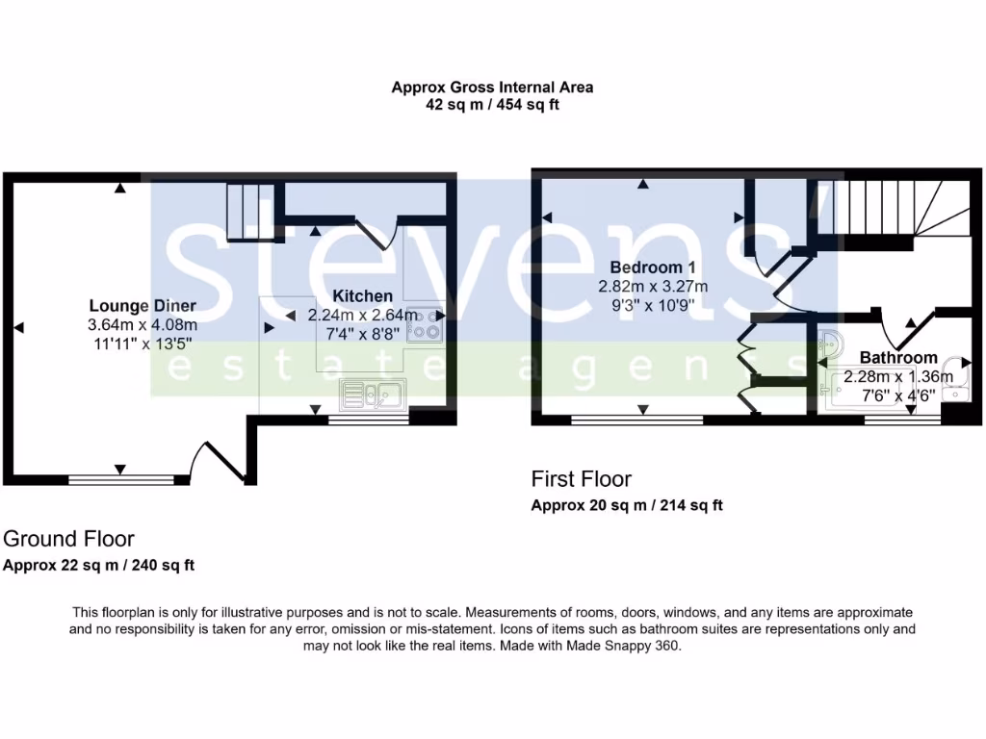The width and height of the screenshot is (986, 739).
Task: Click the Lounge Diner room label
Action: pyautogui.click(x=143, y=307)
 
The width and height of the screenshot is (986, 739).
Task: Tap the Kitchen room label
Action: pyautogui.click(x=362, y=296)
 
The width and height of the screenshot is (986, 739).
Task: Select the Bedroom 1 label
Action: pyautogui.click(x=653, y=268)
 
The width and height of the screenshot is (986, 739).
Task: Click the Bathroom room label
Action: pyautogui.click(x=897, y=358)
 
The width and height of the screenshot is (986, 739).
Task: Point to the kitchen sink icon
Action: pyautogui.click(x=372, y=393)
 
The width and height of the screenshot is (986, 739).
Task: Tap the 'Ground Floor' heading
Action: pyautogui.click(x=68, y=539)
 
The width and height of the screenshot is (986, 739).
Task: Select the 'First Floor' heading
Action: pyautogui.click(x=582, y=479)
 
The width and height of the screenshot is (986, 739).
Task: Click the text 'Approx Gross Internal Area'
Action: pyautogui.click(x=492, y=87)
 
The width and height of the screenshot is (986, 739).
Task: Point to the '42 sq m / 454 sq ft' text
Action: pyautogui.click(x=492, y=105)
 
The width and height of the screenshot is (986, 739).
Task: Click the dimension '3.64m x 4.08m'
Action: pyautogui.click(x=143, y=325)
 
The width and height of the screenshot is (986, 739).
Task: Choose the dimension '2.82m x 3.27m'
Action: pyautogui.click(x=653, y=286)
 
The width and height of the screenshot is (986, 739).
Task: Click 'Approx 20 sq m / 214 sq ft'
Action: pyautogui.click(x=627, y=505)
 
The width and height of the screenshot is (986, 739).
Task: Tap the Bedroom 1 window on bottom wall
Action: pyautogui.click(x=636, y=420)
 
